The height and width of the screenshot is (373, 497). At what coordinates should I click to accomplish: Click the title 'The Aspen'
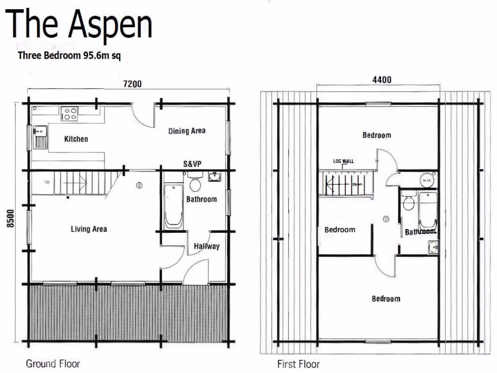coord(80,25)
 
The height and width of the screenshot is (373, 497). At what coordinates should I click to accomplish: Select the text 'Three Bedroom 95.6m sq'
coord(69,55)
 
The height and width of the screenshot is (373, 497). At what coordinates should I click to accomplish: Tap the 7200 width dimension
coord(132,84)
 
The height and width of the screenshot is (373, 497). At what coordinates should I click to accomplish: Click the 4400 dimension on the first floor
coord(381,80)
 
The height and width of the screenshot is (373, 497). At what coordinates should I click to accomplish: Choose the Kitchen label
coord(76,139)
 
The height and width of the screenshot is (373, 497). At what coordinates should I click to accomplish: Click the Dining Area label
coord(187,131)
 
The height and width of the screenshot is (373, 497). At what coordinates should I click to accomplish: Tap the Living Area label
coord(89,229)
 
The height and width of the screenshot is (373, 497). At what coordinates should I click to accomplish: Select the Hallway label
coord(207,246)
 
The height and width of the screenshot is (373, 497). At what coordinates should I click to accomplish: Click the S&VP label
coord(192,164)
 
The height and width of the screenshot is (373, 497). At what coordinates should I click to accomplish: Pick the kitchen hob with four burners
coord(69,114)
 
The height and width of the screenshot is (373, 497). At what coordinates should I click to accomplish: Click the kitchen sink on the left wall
coord(40,136)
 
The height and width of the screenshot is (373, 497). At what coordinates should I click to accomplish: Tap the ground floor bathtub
coord(173,206)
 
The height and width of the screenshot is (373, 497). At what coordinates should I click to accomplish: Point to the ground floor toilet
coord(196,184)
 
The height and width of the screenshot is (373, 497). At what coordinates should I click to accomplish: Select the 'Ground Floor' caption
coord(53,363)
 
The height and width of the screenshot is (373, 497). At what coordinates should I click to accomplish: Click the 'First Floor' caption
coord(298,364)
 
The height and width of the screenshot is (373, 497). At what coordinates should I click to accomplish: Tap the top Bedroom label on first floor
coord(377,135)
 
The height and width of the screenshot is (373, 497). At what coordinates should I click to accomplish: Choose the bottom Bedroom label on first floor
coord(386,299)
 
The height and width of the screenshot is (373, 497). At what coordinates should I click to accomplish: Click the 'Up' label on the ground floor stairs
coord(47,182)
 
